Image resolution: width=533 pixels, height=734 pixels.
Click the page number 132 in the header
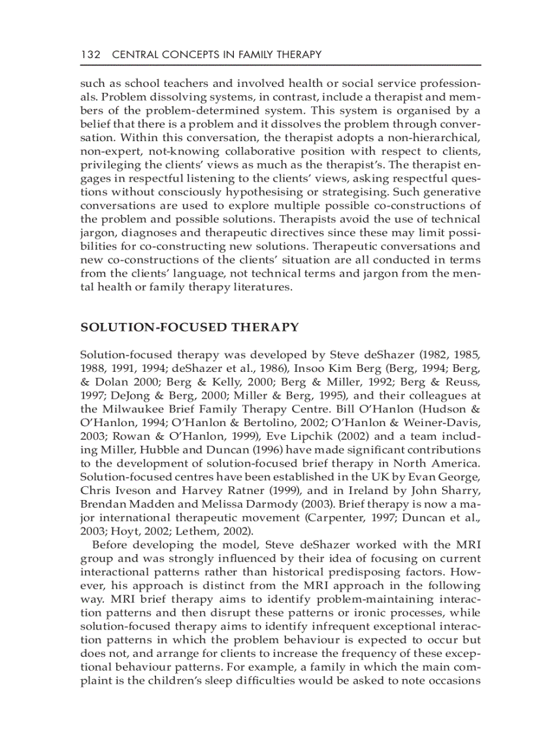tap(90, 54)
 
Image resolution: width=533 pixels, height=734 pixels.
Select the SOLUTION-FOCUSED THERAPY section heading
tap(189, 327)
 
